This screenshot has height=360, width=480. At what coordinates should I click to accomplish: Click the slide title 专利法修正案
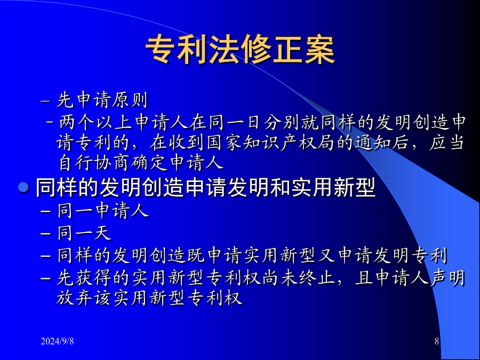coord(240,50)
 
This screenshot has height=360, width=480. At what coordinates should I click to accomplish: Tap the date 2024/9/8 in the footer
coord(57,341)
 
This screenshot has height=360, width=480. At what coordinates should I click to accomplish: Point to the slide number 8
coord(437,341)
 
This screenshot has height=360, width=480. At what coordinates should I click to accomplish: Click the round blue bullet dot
coord(23,187)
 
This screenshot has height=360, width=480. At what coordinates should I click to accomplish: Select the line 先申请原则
coord(102,100)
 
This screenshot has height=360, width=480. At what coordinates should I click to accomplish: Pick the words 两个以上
coord(96,122)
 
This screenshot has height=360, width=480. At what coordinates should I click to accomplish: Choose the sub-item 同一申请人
coord(103,211)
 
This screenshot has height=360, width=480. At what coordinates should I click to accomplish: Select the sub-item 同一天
coord(84,233)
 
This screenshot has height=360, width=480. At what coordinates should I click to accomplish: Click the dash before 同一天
coord(46,234)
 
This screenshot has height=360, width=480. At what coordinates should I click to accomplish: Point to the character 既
coord(196,255)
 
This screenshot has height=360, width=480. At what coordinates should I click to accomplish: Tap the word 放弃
coord(74,298)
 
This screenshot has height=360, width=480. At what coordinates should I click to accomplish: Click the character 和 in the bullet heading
coord(280,187)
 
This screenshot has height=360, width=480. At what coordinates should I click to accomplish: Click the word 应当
coord(446,142)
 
